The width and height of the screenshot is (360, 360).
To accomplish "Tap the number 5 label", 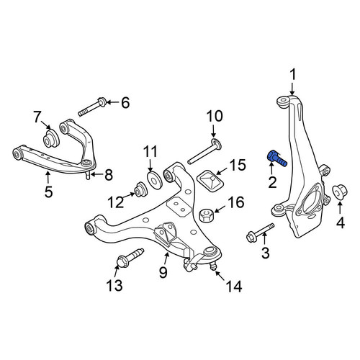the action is [x=48, y=192].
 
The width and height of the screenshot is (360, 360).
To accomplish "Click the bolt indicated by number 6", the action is [x=92, y=107].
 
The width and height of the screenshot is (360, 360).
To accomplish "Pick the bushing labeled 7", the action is [x=51, y=138].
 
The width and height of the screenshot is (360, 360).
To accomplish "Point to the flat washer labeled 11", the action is [x=154, y=180].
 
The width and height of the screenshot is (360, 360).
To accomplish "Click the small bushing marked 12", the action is [x=140, y=189].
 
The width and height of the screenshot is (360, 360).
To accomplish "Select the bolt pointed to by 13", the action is [x=130, y=258].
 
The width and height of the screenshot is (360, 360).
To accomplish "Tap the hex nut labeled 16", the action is [x=207, y=215].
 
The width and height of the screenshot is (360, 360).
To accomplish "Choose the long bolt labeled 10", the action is [x=204, y=151].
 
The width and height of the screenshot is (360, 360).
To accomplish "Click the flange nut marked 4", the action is [x=340, y=192].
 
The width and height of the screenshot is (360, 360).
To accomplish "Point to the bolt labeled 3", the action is [x=261, y=233].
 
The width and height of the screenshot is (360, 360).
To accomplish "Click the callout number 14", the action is [x=234, y=287].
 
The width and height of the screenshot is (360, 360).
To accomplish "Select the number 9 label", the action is [x=163, y=272].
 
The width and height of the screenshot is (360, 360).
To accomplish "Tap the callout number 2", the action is [x=272, y=182].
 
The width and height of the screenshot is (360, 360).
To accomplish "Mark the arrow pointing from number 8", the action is [x=96, y=175].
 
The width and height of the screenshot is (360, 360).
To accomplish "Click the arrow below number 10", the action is [x=213, y=132].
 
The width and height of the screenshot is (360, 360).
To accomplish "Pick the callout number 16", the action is [x=236, y=202].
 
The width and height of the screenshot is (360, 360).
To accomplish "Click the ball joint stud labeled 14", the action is [x=212, y=266].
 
